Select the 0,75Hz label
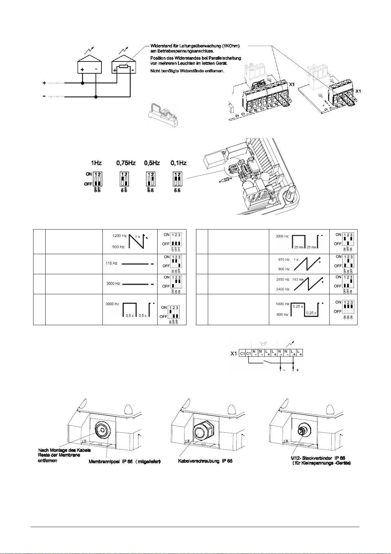pos(126,163)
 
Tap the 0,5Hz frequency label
pos(152,163)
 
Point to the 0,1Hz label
pos(178,163)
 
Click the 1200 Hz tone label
pos(119,236)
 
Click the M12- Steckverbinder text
pos(307,458)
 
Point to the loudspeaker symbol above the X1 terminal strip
pos(262,344)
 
